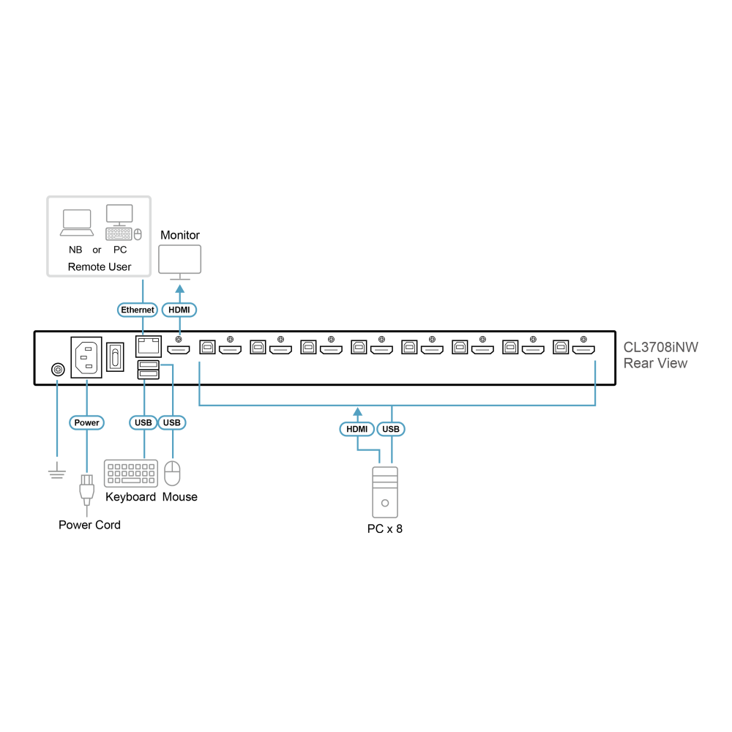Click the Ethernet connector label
138,310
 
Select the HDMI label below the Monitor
179,310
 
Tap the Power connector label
87,422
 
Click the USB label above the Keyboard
143,422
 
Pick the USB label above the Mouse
172,422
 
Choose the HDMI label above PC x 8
357,429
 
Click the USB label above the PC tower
391,429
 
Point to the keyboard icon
131,474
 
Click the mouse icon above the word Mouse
172,474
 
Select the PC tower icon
385,492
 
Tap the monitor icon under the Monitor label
180,262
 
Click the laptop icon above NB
77,223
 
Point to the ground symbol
57,471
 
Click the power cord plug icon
87,490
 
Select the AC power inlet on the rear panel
86,357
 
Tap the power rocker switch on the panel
116,357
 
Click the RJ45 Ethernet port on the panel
149,346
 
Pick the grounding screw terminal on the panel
58,370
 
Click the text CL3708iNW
660,347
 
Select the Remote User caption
100,267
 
